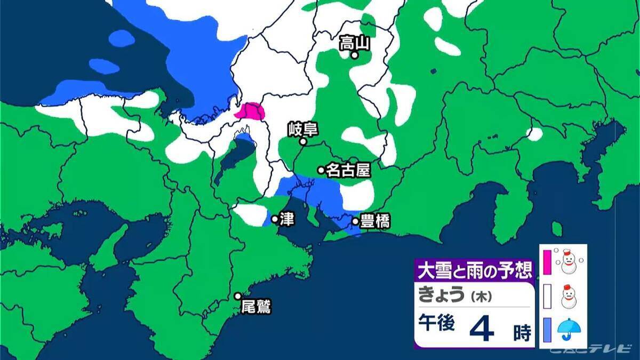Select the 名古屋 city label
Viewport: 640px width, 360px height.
click(348, 170)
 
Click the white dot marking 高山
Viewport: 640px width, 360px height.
click(354, 54)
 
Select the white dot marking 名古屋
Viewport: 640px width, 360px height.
click(321, 170)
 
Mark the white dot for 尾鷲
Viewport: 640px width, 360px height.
click(238, 296)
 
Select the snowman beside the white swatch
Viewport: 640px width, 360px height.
click(569, 296)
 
